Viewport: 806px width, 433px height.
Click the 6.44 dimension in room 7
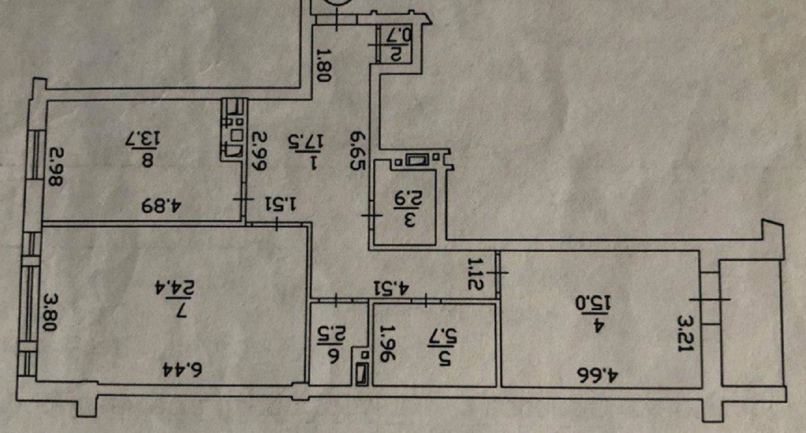tap(182, 370)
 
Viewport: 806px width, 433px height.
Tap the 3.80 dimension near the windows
tap(50, 313)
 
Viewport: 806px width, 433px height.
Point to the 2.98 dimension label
tap(55, 167)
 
